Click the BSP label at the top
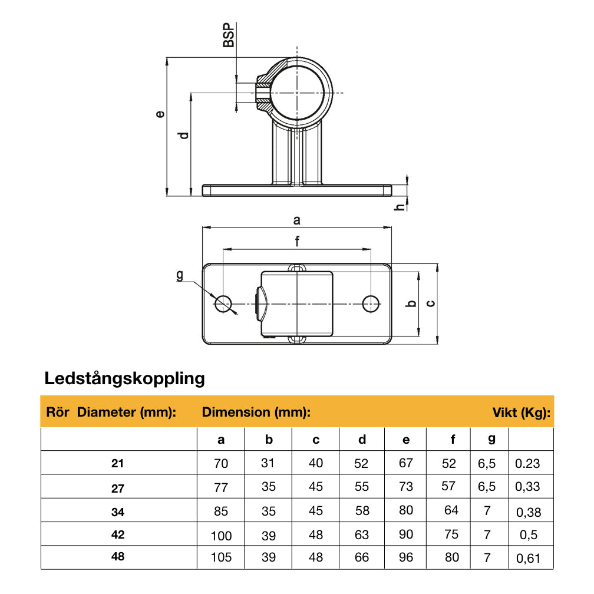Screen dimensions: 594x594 [x=229, y=35]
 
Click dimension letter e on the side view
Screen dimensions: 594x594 [x=159, y=113]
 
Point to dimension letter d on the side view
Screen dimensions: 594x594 [x=184, y=135]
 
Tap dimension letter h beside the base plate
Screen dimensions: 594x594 [x=400, y=207]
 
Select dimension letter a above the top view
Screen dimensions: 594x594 [x=297, y=220]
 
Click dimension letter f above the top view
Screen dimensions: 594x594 [x=298, y=240]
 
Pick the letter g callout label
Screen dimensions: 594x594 [x=180, y=275]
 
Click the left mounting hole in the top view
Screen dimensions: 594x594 [x=223, y=303]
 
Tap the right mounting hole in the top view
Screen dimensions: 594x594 [x=371, y=303]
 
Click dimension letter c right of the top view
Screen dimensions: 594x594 [x=431, y=303]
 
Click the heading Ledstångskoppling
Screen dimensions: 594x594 [x=125, y=378]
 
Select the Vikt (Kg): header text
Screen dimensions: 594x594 [x=522, y=412]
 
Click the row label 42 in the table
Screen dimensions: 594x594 [x=118, y=535]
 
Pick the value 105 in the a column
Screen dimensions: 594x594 [x=221, y=557]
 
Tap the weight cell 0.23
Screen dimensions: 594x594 [x=527, y=464]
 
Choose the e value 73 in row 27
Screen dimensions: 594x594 [x=406, y=486]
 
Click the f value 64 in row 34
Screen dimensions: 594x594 [x=451, y=510]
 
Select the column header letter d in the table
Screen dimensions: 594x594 [x=362, y=440]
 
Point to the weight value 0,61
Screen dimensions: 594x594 [x=528, y=558]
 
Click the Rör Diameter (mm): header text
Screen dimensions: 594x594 [x=111, y=412]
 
